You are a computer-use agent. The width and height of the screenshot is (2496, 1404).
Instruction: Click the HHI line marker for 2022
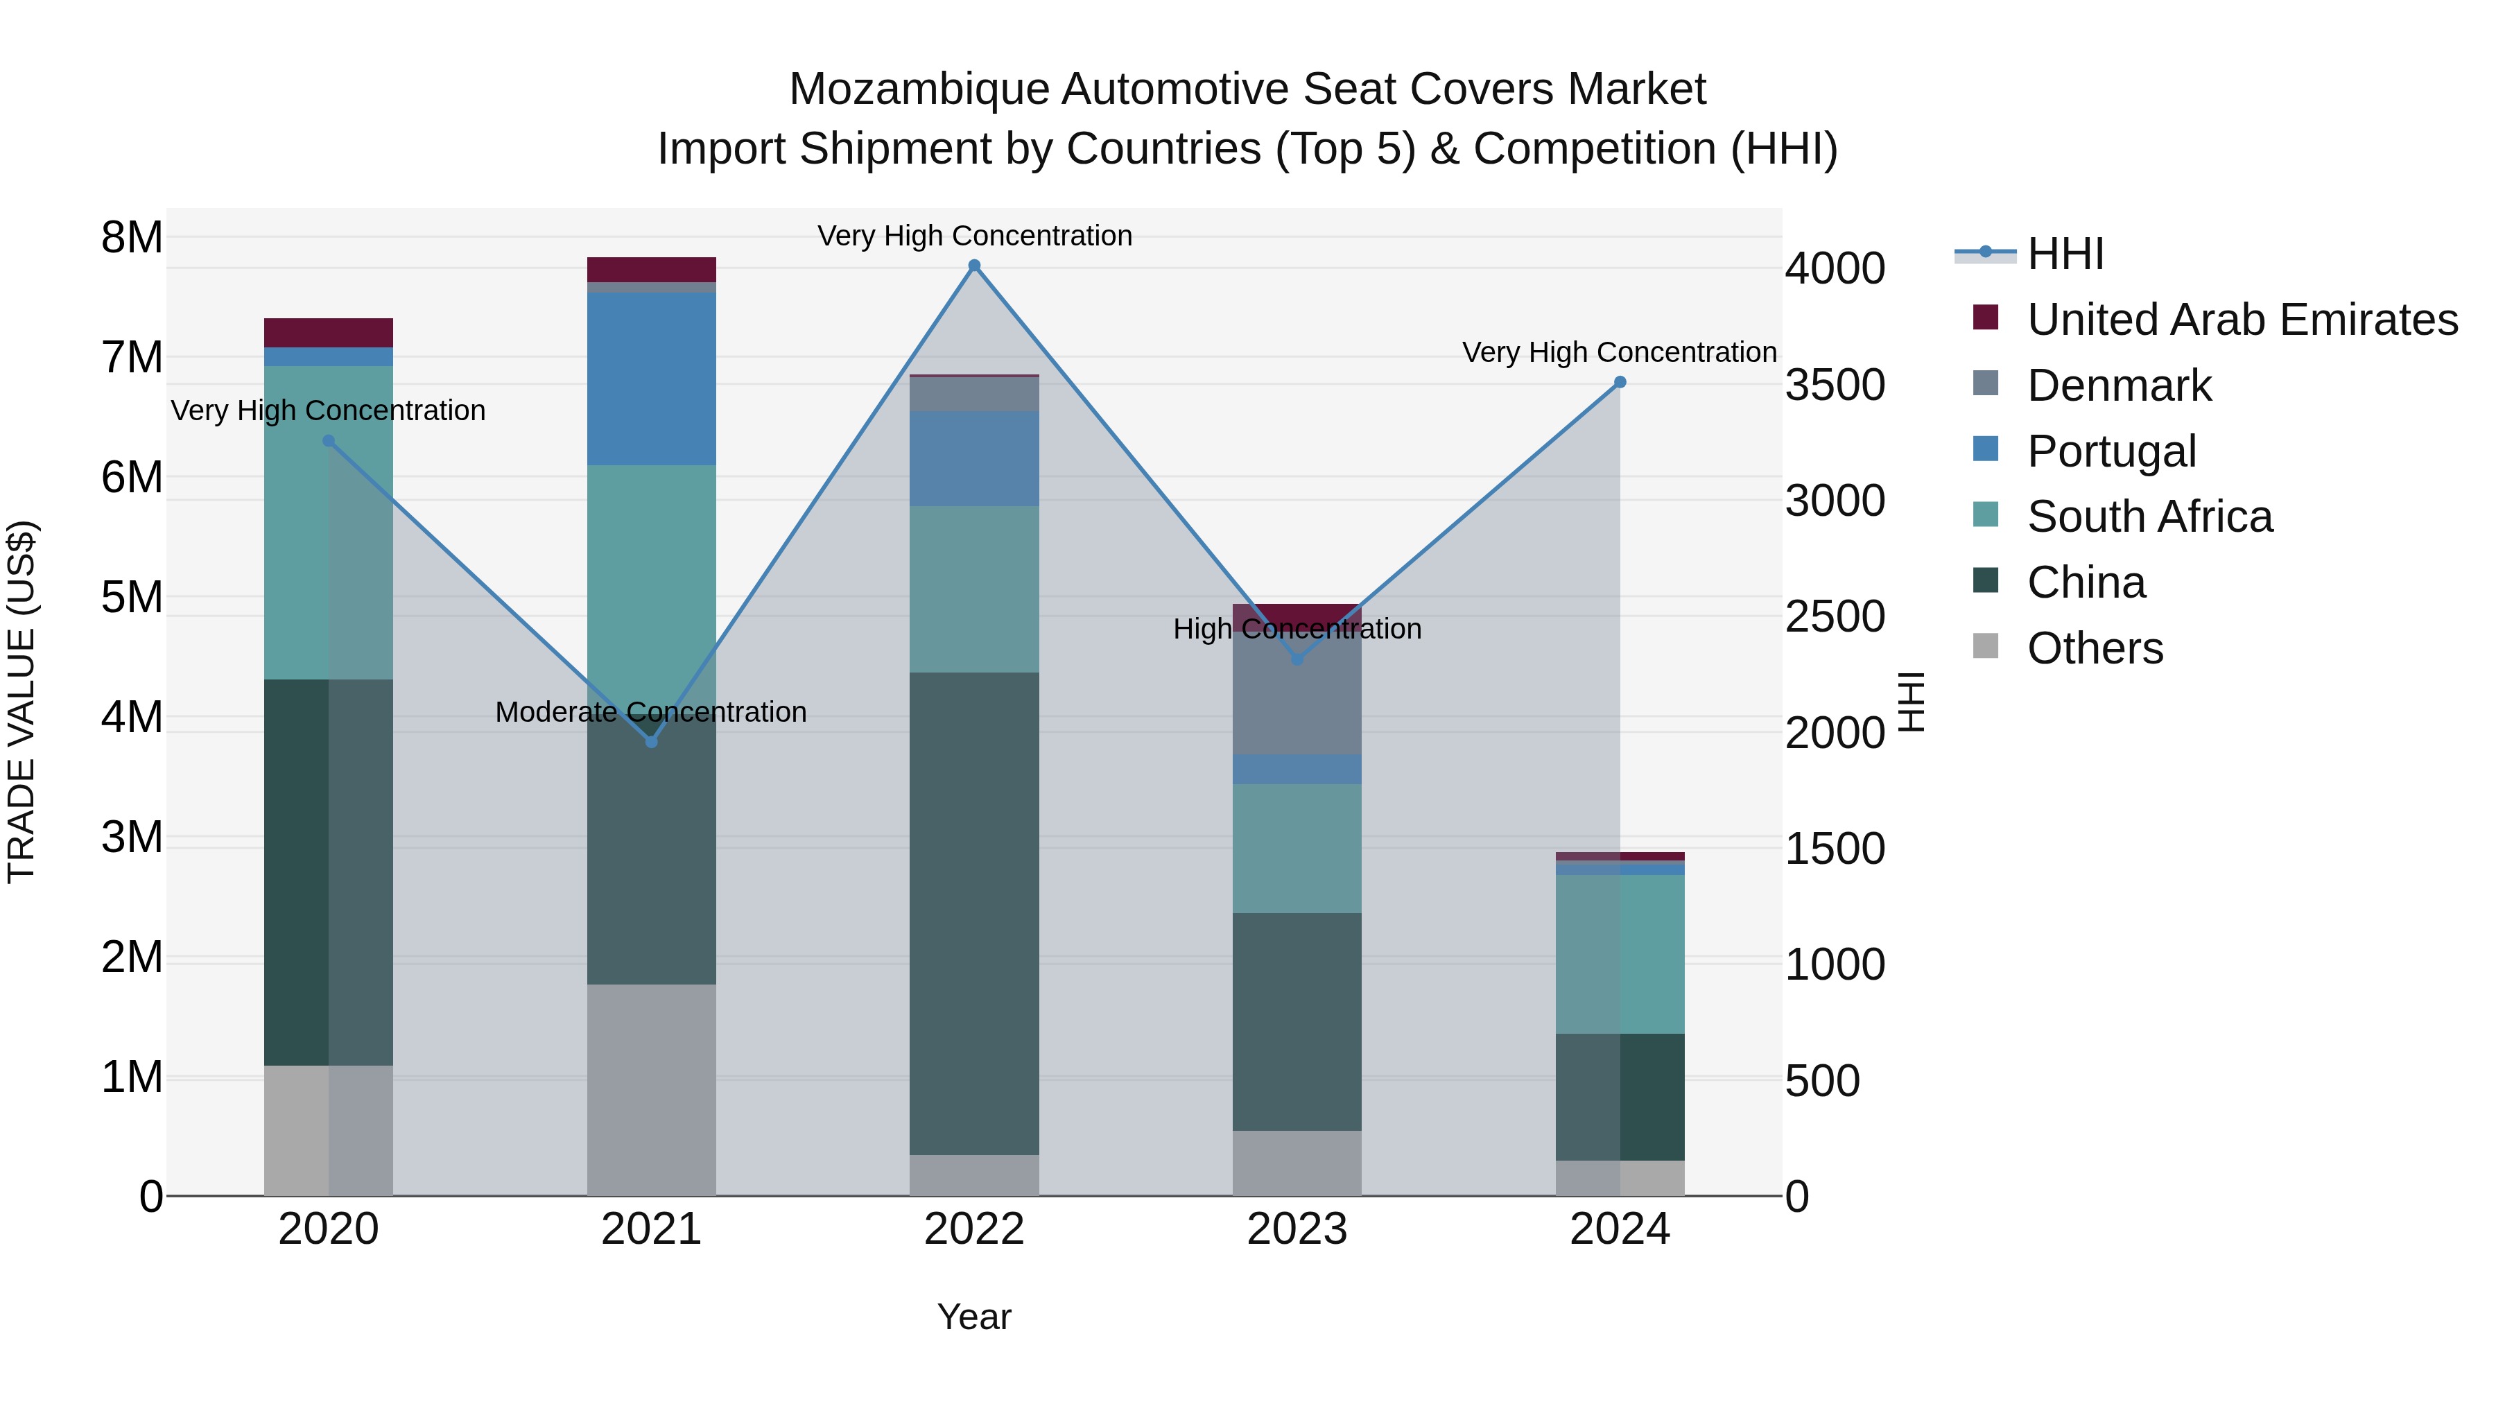click(x=974, y=266)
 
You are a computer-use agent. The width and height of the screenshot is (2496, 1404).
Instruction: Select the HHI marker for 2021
click(x=651, y=741)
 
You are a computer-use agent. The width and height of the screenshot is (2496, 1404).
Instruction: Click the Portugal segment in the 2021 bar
click(x=651, y=378)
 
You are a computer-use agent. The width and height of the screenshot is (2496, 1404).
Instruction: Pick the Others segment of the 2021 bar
click(x=651, y=1089)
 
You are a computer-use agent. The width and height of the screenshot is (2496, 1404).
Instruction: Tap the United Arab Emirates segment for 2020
click(x=329, y=332)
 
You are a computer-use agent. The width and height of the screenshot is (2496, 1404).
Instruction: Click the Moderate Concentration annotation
click(x=651, y=712)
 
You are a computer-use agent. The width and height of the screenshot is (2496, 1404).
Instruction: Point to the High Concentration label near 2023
click(x=1297, y=629)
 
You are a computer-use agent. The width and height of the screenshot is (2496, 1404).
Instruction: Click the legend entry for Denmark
click(x=2119, y=385)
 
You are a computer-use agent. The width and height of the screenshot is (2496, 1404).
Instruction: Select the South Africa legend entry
click(x=2149, y=517)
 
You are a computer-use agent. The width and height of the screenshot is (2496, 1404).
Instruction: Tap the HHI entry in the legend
click(x=2065, y=254)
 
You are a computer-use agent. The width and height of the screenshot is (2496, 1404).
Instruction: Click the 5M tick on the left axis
click(x=132, y=597)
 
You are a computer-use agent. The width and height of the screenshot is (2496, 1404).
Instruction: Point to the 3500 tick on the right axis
click(x=1834, y=385)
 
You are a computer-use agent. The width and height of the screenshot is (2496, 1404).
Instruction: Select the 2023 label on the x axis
click(x=1297, y=1229)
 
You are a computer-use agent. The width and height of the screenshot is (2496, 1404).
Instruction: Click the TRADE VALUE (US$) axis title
click(x=21, y=702)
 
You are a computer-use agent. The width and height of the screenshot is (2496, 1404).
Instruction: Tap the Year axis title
click(x=974, y=1317)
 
